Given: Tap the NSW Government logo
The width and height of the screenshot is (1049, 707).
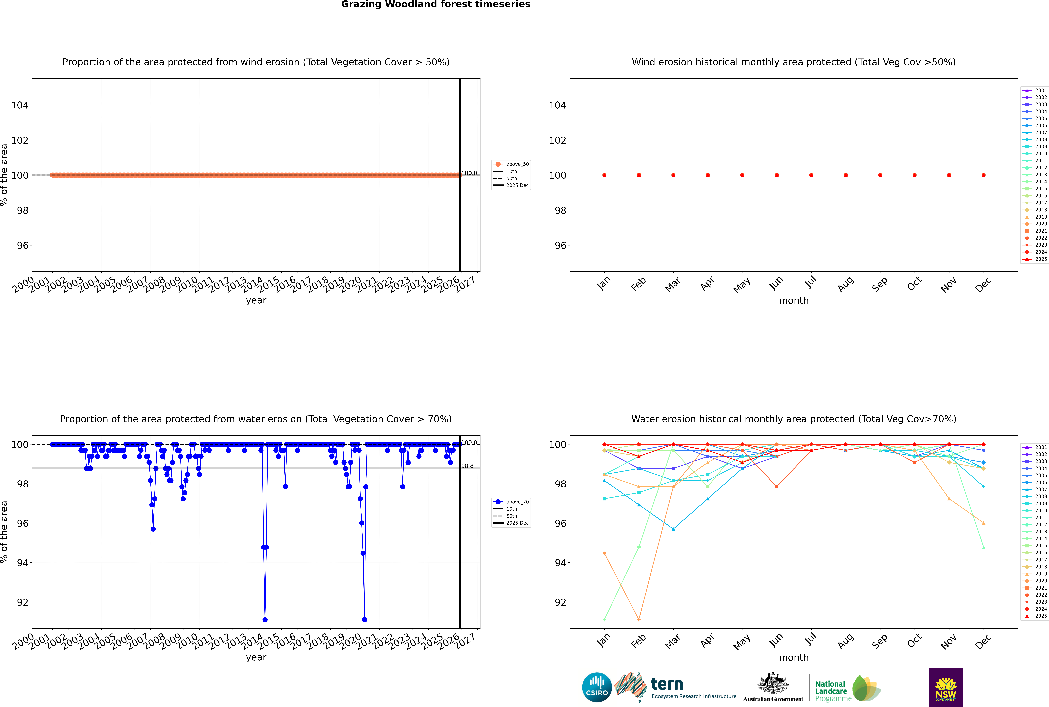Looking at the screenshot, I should pyautogui.click(x=946, y=687).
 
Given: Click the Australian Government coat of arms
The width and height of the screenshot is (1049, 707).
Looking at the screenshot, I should pyautogui.click(x=773, y=686).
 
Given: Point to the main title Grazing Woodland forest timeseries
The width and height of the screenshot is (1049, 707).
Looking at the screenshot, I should pyautogui.click(x=436, y=4).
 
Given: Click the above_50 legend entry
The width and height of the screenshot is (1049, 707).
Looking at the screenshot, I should pyautogui.click(x=511, y=164).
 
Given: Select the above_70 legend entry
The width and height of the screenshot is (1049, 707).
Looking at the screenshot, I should pyautogui.click(x=511, y=502).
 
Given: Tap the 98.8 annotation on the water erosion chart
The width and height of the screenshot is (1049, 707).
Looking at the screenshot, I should pyautogui.click(x=467, y=466).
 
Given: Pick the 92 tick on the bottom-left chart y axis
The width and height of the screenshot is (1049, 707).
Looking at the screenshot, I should pyautogui.click(x=22, y=602).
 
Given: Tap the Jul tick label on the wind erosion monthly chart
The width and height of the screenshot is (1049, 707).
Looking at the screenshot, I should pyautogui.click(x=810, y=283).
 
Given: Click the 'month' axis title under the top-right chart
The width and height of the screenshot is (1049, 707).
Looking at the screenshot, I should pyautogui.click(x=794, y=301).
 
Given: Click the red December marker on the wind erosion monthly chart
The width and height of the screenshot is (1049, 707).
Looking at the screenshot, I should pyautogui.click(x=984, y=175).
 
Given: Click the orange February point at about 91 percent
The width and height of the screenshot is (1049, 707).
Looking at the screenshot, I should pyautogui.click(x=639, y=619).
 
